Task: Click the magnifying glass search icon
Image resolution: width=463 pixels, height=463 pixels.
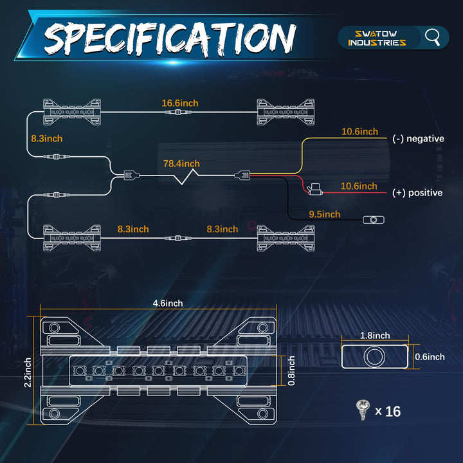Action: (433, 37)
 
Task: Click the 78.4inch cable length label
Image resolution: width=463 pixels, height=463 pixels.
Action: (181, 163)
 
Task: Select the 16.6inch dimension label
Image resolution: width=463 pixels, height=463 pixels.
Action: (179, 102)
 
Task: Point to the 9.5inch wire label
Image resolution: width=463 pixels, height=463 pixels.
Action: (324, 214)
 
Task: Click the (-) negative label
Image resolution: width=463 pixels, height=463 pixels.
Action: (418, 138)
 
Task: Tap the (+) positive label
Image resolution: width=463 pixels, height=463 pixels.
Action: (417, 193)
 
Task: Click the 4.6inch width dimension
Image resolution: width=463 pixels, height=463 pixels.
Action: (167, 303)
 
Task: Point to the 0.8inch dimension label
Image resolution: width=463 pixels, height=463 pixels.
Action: (291, 370)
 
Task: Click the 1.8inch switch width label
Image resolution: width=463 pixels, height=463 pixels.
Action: (374, 335)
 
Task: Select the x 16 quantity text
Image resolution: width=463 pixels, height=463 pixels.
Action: (388, 411)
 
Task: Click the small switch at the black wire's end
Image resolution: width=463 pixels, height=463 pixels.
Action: (372, 220)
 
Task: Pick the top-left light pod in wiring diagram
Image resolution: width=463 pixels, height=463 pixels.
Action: (71, 111)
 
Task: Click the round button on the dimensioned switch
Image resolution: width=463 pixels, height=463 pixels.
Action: (374, 356)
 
